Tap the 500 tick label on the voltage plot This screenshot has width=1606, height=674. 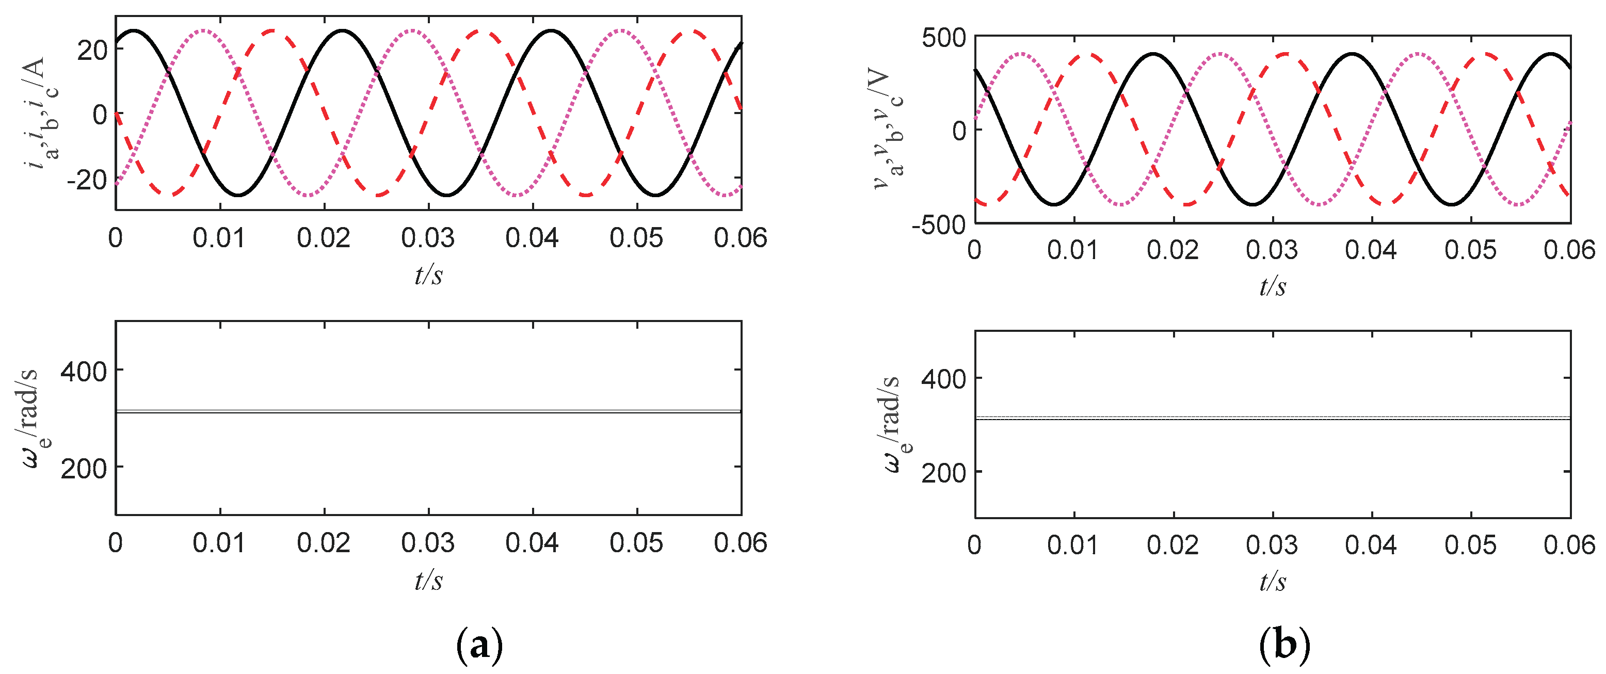[x=944, y=38]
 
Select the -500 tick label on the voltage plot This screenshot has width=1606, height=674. [x=939, y=225]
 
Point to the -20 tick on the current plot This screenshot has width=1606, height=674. [x=87, y=180]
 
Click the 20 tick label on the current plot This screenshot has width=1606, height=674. [x=93, y=51]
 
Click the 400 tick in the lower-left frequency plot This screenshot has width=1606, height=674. [x=84, y=371]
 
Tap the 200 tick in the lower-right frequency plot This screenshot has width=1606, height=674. [x=944, y=473]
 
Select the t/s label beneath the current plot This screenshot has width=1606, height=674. [x=429, y=275]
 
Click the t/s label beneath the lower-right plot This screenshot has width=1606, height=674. [x=1273, y=581]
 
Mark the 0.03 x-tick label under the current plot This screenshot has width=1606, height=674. [x=428, y=238]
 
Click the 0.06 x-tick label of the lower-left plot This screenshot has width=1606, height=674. [x=741, y=543]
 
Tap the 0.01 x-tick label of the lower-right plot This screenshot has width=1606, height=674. [x=1073, y=545]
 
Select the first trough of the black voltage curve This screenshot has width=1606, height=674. [x=1054, y=204]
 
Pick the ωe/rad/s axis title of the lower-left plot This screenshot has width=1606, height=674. [x=31, y=418]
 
